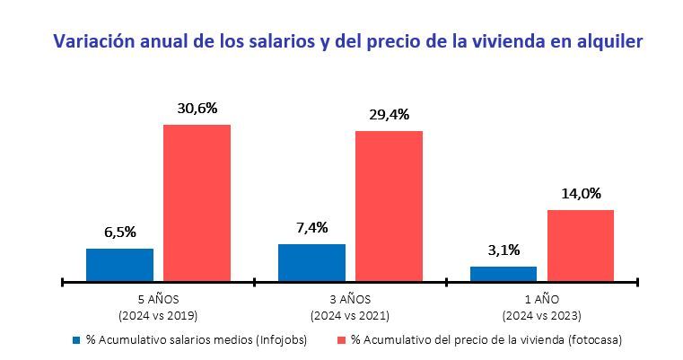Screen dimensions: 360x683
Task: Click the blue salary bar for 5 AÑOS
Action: point(119,265)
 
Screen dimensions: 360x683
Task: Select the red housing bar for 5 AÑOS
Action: point(197,203)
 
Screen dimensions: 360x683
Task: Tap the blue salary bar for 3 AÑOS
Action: point(311,262)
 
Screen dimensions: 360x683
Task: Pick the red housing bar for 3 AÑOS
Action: point(389,206)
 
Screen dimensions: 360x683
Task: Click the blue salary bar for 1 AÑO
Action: point(503,274)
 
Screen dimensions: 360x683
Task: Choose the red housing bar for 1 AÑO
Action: point(581,245)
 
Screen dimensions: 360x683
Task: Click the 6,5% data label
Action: point(119,232)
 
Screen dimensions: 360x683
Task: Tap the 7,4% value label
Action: point(311,227)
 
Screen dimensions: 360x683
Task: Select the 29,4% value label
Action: point(389,114)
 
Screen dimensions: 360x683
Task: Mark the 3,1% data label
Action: point(503,250)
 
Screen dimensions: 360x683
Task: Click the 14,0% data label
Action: point(581,193)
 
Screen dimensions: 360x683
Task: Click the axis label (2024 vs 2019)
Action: point(158,315)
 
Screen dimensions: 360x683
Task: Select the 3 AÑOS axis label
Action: point(350,299)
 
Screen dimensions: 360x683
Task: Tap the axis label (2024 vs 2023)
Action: point(542,315)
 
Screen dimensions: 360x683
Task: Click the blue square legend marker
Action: point(77,341)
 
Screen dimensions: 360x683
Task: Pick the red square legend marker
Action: point(341,341)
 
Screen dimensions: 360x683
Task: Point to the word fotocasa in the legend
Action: point(594,341)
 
